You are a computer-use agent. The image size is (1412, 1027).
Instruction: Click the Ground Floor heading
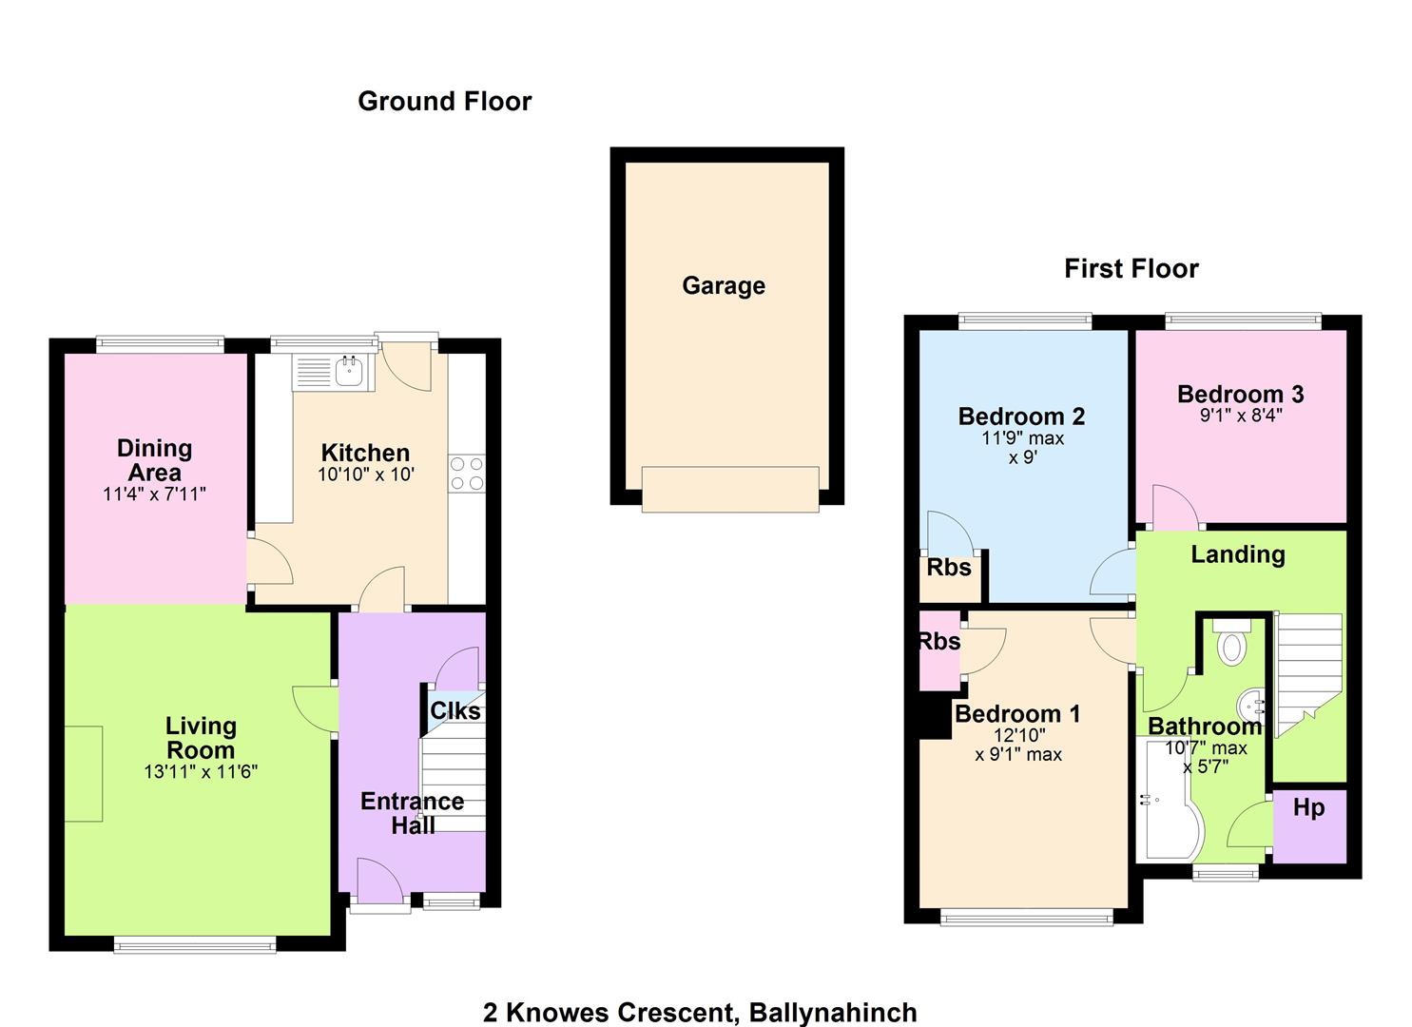click(444, 102)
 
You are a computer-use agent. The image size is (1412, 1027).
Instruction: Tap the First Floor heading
click(1131, 268)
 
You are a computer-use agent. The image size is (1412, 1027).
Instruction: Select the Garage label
click(724, 285)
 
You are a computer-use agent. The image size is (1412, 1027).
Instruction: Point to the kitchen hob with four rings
click(467, 474)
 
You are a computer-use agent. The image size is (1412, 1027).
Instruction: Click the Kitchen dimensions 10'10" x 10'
click(366, 475)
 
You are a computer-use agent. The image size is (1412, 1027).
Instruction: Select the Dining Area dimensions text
click(154, 494)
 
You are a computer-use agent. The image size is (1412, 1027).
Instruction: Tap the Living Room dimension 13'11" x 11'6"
click(201, 771)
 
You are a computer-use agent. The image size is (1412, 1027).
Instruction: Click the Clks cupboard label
click(455, 711)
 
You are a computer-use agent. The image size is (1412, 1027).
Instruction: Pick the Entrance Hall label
click(413, 813)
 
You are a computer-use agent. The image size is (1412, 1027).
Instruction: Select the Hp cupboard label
click(1308, 807)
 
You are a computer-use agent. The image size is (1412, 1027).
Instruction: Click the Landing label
click(1238, 554)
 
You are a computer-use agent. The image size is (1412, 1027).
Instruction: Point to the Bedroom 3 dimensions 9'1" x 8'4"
click(1241, 416)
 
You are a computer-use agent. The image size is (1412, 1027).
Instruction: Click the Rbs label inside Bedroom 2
click(949, 568)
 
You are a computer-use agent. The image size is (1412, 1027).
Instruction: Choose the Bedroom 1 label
click(1017, 714)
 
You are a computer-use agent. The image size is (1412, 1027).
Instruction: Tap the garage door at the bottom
click(730, 489)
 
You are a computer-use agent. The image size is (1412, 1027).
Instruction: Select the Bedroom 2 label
click(1021, 417)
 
